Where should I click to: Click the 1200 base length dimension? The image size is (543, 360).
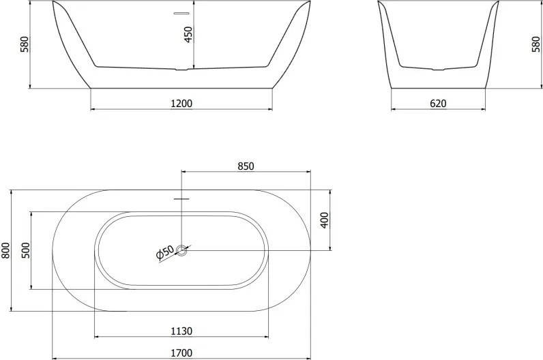coord(181,104)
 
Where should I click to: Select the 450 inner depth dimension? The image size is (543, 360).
coord(188,35)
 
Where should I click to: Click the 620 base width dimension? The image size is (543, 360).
coord(438,104)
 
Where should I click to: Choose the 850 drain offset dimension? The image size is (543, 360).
coord(246,166)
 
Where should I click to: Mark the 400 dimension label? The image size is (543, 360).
coord(325,220)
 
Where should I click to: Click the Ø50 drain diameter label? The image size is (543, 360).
coord(165,252)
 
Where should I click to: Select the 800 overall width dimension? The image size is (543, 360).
coord(6,250)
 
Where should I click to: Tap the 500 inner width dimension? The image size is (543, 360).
coord(26,250)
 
